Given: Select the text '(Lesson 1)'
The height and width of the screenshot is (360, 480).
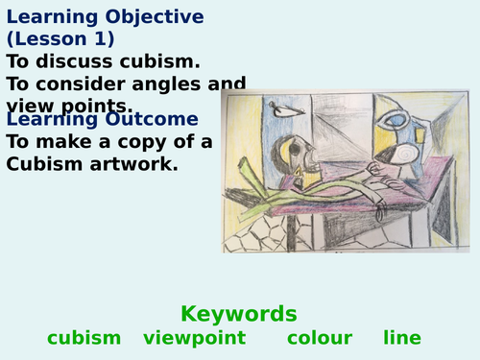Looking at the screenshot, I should point(60,39).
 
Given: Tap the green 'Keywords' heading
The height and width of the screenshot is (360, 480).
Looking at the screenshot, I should point(239,314).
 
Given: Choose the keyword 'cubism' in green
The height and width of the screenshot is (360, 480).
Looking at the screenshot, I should point(84,338).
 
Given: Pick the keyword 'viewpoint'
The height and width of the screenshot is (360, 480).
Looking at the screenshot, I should point(195,338).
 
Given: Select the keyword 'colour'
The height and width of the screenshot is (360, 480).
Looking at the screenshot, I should point(320,338).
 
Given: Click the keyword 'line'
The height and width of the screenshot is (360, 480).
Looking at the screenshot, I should point(402,338).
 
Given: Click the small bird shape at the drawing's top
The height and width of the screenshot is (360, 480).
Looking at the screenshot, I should point(284,110).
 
